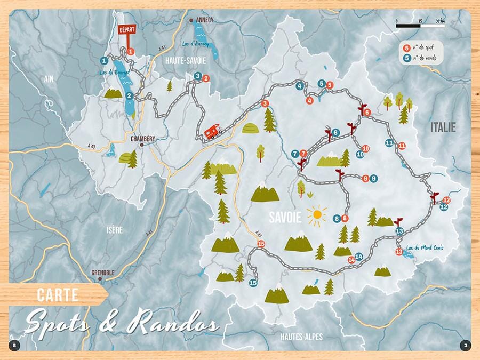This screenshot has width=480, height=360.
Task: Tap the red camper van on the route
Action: [213, 131]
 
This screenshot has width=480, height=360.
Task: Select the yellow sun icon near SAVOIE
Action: [317, 215]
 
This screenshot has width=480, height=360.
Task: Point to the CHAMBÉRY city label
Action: [143, 139]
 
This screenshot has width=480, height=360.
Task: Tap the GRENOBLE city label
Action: [103, 273]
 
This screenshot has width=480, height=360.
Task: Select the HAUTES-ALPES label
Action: [301, 336]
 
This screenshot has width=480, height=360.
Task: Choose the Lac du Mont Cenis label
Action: [425, 247]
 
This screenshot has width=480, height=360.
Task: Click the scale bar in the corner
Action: [420, 25]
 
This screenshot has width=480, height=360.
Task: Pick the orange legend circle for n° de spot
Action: [407, 47]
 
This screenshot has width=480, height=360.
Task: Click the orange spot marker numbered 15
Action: [261, 244]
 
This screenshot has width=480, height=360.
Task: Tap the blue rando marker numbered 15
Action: [253, 283]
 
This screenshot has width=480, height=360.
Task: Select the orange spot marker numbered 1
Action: [130, 52]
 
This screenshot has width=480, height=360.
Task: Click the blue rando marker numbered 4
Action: [300, 86]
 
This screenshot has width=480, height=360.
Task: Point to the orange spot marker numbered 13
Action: [399, 251]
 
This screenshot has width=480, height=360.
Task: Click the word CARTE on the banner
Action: [58, 294]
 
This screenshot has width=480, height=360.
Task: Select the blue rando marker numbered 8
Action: [337, 218]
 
